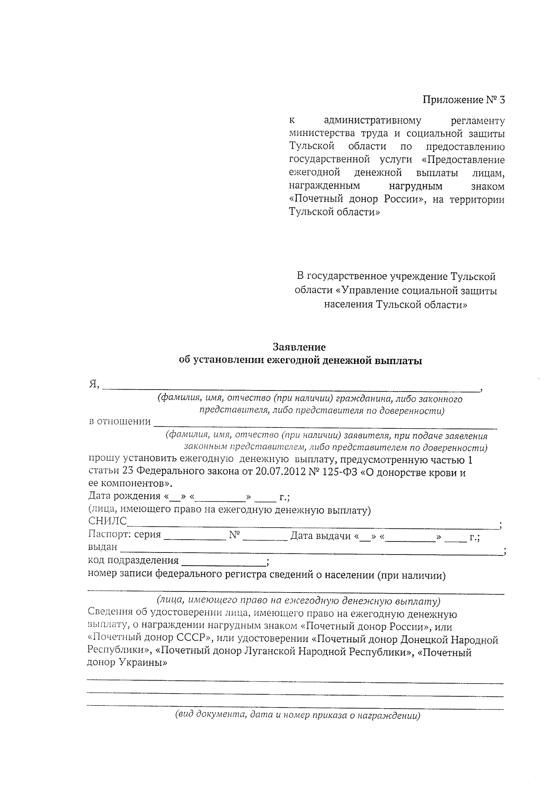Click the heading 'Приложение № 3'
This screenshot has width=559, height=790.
pyautogui.click(x=464, y=100)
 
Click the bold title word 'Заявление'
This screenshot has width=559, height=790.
pyautogui.click(x=299, y=347)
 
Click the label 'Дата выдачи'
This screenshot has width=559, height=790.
pyautogui.click(x=320, y=536)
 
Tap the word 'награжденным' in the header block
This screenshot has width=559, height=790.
pyautogui.click(x=325, y=186)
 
